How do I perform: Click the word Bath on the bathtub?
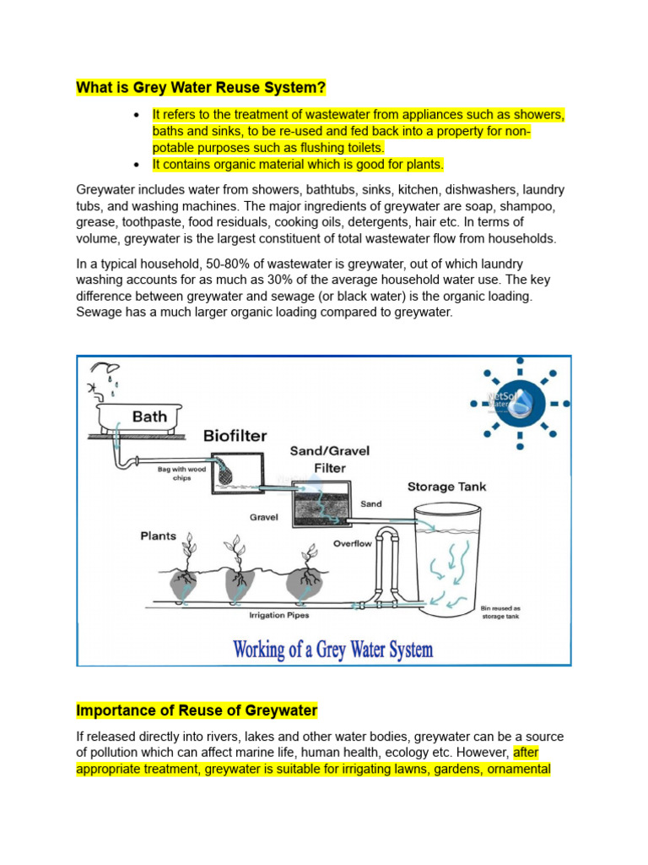149,416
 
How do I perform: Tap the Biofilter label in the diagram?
235,436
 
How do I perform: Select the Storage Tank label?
446,487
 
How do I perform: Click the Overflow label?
352,543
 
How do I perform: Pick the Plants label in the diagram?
159,536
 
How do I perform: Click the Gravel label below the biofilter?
263,517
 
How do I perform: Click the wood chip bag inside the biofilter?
226,474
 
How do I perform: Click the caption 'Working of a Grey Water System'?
332,650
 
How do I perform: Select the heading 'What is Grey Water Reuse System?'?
201,88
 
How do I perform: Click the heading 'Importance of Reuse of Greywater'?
197,710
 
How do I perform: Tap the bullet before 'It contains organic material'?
136,164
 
